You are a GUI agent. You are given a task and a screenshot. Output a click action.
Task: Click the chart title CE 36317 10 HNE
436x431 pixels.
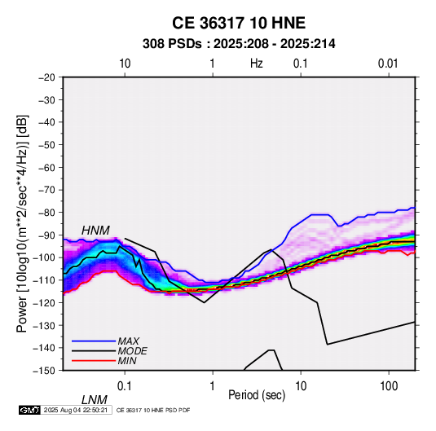tap(239, 23)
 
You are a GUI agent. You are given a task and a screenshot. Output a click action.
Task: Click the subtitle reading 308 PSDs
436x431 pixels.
tap(172, 44)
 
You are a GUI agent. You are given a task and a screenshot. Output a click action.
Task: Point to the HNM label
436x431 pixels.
tap(95, 231)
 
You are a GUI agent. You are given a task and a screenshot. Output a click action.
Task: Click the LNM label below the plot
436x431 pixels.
tap(94, 400)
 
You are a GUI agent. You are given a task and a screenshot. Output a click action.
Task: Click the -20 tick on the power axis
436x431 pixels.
tap(46, 77)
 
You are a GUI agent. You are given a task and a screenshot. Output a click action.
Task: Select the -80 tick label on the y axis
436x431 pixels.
tap(46, 213)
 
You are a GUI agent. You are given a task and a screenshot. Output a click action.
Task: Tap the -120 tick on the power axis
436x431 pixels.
tap(44, 302)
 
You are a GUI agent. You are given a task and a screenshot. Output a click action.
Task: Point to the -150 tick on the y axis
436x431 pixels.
tap(44, 371)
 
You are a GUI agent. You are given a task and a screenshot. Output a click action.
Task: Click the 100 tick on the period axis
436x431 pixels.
tap(389, 386)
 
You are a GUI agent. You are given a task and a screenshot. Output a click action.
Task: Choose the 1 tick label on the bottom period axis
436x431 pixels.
tap(213, 386)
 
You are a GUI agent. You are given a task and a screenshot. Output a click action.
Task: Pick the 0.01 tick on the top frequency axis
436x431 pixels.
tap(388, 64)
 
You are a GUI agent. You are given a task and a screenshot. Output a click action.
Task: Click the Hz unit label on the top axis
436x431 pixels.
tap(257, 64)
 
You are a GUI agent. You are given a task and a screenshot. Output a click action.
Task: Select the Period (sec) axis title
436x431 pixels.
tap(257, 395)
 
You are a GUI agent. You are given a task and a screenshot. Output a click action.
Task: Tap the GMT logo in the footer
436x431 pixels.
tap(29, 410)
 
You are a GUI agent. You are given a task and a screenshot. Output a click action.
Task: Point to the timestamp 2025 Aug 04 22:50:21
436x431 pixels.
tap(76, 410)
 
